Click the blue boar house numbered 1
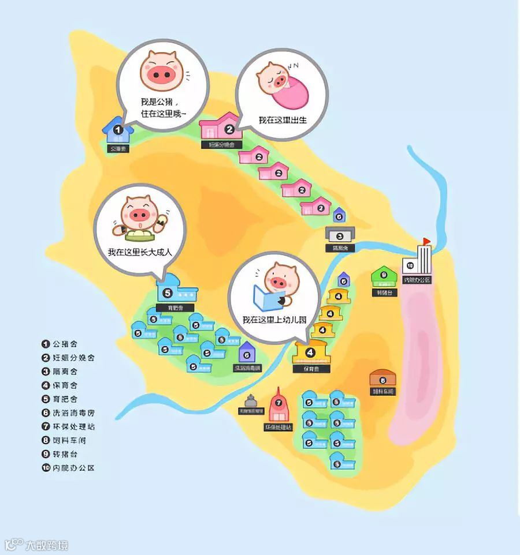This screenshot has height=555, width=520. (117, 132)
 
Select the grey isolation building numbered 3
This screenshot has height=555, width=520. (340, 235)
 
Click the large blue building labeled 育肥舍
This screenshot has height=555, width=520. (176, 291)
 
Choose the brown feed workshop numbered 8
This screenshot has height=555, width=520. (382, 380)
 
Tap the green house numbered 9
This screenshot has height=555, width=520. (383, 275)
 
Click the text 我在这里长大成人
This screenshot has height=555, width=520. (140, 252)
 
